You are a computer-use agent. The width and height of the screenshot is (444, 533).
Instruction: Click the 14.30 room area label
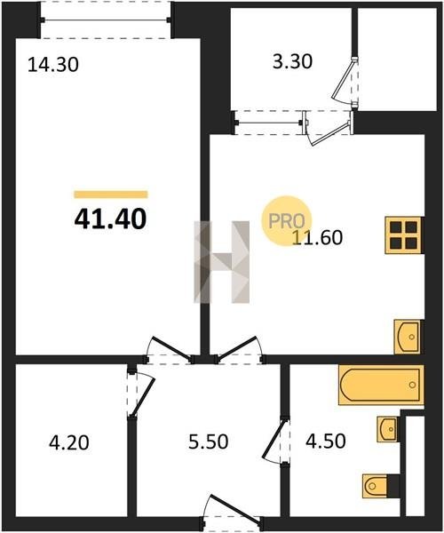pyautogui.click(x=53, y=65)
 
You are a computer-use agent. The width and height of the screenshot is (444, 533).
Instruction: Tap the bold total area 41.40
pyautogui.click(x=110, y=219)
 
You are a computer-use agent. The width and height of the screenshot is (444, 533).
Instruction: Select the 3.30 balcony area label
pyautogui.click(x=292, y=62)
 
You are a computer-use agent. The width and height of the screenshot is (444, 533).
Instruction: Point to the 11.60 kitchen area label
pyautogui.click(x=317, y=237)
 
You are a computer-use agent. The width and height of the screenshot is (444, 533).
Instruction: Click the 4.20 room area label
pyautogui.click(x=69, y=442)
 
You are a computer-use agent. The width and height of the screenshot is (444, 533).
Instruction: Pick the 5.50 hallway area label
pyautogui.click(x=209, y=442)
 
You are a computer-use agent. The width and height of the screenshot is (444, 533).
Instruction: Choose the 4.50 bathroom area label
pyautogui.click(x=326, y=442)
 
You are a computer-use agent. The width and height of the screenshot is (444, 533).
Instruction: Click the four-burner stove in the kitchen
pyautogui.click(x=403, y=235)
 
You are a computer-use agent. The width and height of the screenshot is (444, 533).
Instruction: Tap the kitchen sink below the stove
pyautogui.click(x=408, y=337)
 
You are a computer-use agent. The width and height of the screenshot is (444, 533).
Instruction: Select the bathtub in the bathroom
pyautogui.click(x=381, y=385)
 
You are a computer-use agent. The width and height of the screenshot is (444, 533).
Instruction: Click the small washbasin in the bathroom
pyautogui.click(x=387, y=429)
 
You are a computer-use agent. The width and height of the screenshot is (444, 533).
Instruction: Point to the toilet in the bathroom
pyautogui.click(x=376, y=486)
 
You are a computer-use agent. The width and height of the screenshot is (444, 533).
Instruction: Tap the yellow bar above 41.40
pyautogui.click(x=111, y=195)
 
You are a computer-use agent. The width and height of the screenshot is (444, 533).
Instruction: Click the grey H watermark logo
pyautogui.click(x=221, y=262)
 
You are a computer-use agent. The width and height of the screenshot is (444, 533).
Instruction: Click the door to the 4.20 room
pyautogui.click(x=140, y=393)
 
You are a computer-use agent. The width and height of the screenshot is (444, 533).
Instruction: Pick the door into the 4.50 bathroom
pyautogui.click(x=276, y=442)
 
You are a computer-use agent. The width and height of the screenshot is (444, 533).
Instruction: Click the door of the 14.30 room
pyautogui.click(x=168, y=350)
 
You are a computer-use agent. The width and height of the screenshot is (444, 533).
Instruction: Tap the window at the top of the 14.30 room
pyautogui.click(x=106, y=20)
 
